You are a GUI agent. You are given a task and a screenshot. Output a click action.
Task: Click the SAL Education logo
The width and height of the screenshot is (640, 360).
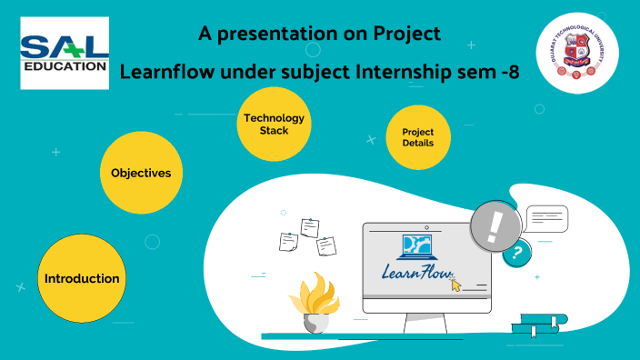pyautogui.click(x=65, y=53)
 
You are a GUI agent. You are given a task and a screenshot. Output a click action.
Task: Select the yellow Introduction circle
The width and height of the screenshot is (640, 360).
pyautogui.click(x=82, y=278)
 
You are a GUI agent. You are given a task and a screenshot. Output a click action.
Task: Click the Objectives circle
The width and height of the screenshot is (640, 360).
pyautogui.click(x=141, y=173)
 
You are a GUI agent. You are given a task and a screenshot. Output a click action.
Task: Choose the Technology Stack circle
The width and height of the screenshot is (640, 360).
pyautogui.click(x=274, y=124)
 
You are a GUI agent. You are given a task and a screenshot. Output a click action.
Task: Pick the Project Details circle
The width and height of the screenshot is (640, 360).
pyautogui.click(x=417, y=136)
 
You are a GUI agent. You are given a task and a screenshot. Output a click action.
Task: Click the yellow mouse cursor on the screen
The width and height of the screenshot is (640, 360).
pyautogui.click(x=456, y=285)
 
